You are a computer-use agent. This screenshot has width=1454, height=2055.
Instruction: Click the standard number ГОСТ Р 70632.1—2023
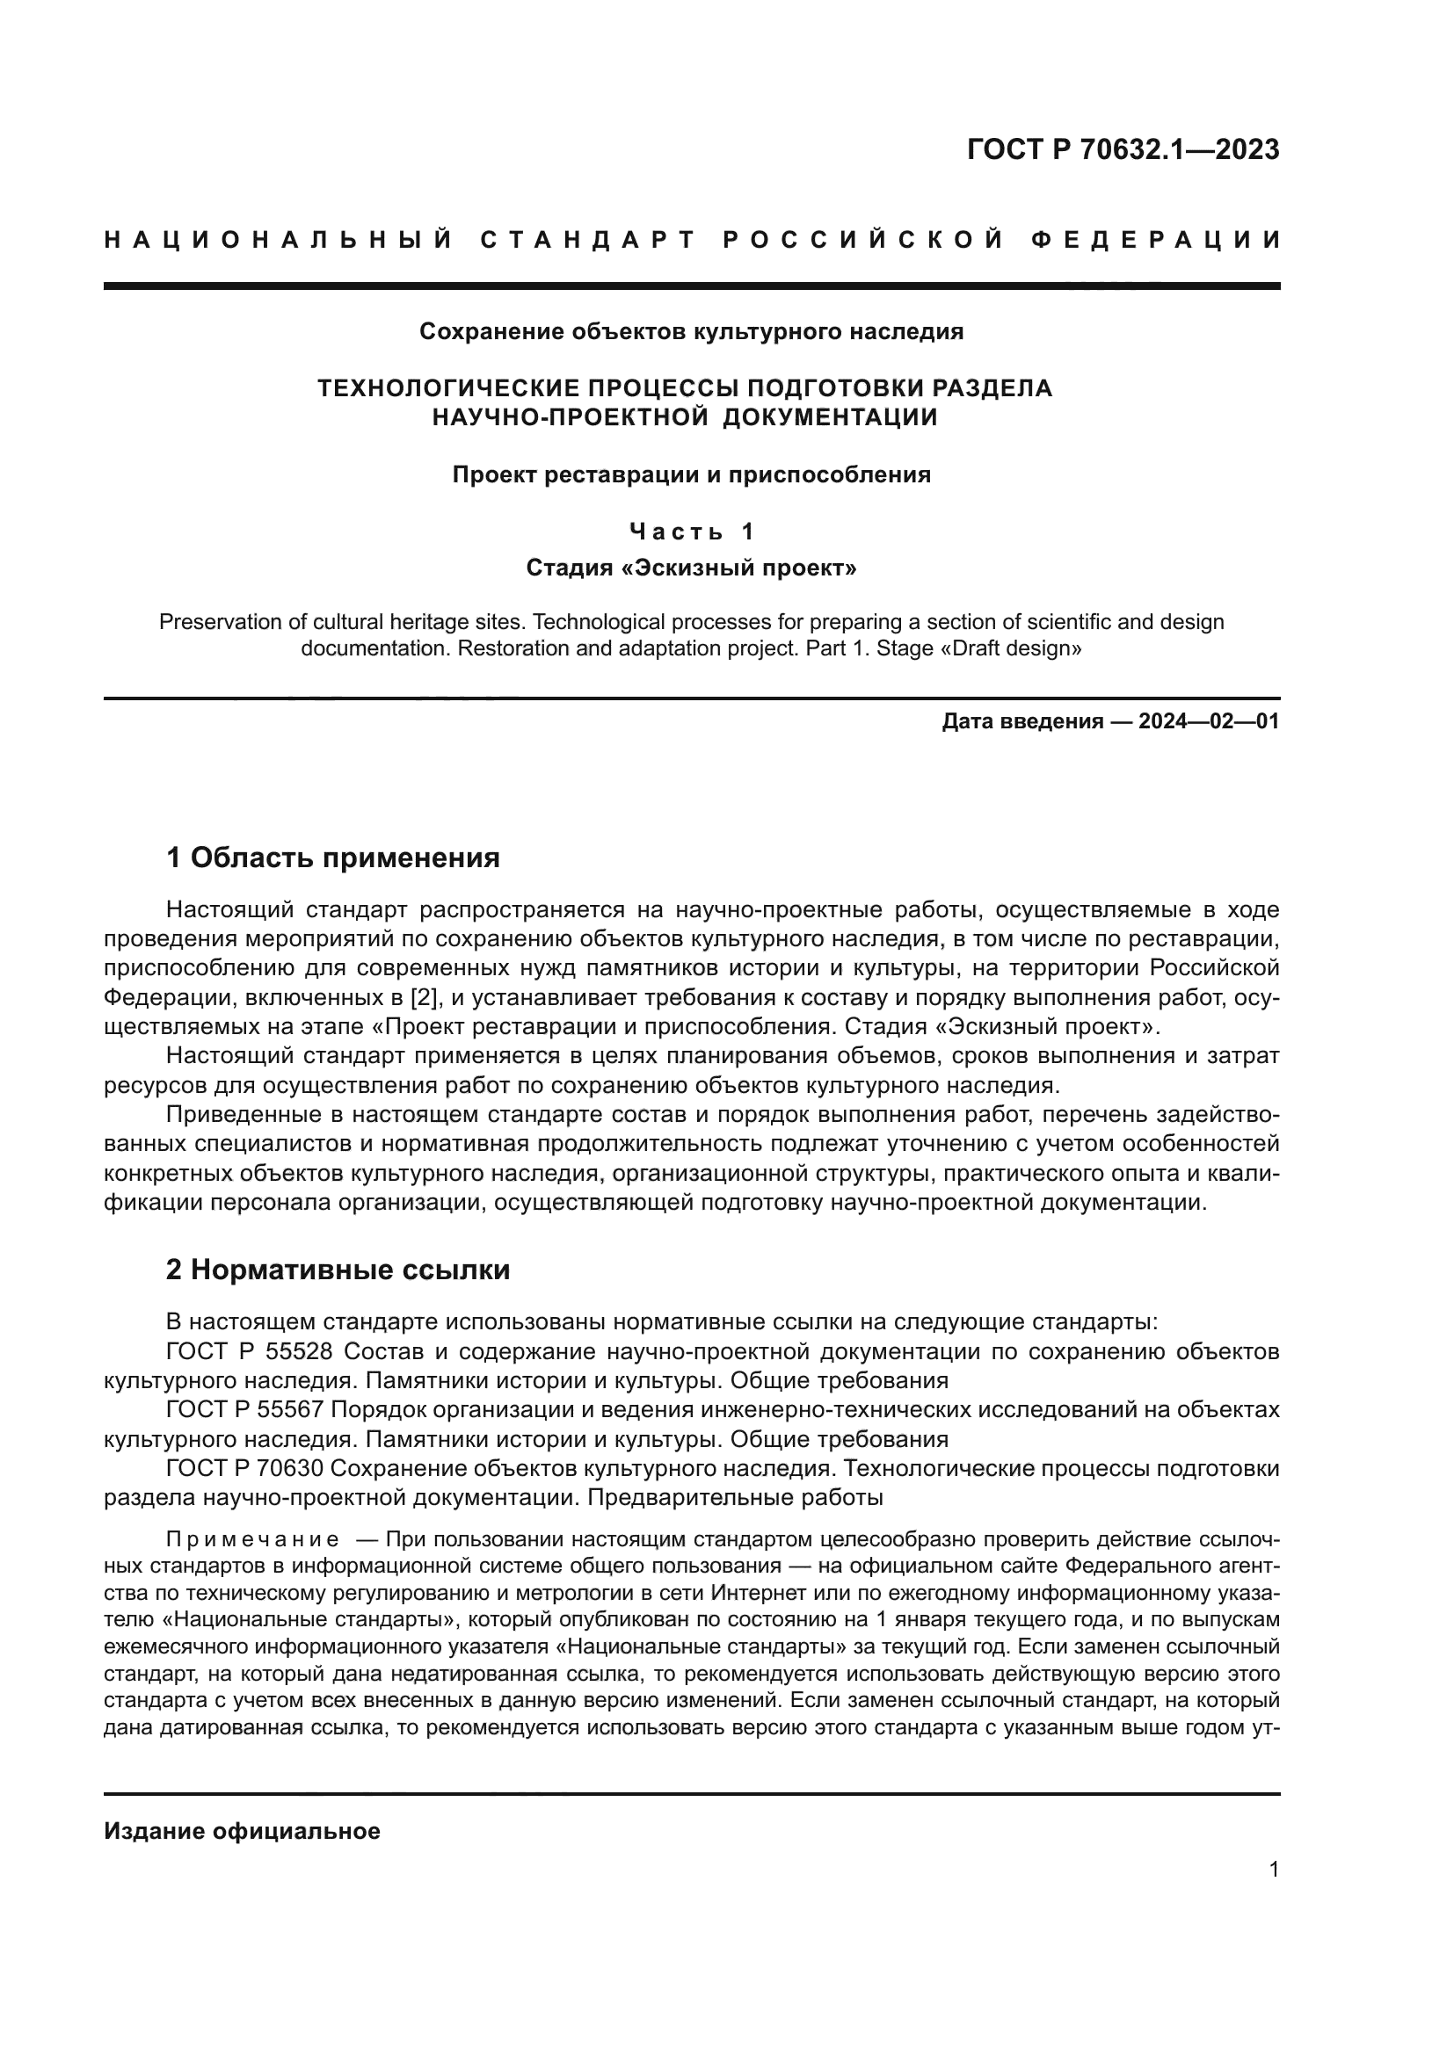point(1123,149)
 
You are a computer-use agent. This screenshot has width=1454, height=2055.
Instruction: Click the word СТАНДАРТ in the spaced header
point(587,240)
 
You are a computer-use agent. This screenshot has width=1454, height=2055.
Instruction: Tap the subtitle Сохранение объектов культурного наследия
point(691,332)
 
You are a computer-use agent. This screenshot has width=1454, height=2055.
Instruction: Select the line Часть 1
point(691,532)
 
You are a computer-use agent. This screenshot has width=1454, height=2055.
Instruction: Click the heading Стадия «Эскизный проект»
point(691,568)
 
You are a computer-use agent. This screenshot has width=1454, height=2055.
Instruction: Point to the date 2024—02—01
point(1208,721)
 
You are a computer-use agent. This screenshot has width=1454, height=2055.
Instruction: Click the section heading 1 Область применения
point(332,858)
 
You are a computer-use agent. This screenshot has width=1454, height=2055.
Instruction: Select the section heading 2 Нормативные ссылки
point(338,1270)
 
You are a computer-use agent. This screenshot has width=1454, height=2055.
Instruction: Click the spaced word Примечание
point(252,1539)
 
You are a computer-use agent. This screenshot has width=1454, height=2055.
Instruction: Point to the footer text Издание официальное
point(242,1831)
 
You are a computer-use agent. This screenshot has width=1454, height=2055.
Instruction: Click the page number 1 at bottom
point(1273,1870)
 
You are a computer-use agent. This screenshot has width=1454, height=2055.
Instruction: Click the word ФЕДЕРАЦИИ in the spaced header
point(1156,240)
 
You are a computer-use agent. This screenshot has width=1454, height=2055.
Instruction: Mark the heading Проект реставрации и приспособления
point(691,474)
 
